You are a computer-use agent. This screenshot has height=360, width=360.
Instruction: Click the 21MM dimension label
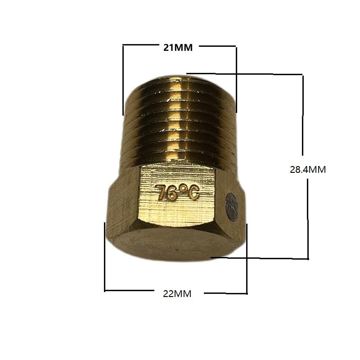pos(178,48)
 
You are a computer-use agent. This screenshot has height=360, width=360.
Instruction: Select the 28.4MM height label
pos(307,170)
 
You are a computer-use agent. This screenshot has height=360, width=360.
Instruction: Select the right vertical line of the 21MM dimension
pos(236,79)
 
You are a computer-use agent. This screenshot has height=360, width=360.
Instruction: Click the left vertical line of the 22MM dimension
pos(104,256)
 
